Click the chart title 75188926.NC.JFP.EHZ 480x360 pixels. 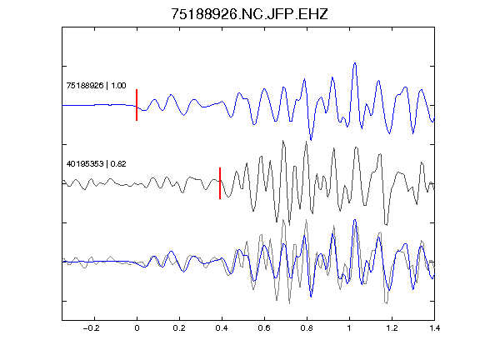click(x=249, y=14)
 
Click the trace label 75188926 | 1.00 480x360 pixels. click(x=96, y=85)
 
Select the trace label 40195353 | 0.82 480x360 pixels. click(x=96, y=164)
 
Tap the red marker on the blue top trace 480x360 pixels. click(x=137, y=105)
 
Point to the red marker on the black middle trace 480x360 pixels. click(x=220, y=183)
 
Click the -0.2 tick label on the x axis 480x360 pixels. click(x=92, y=328)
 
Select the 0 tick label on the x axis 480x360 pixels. click(x=137, y=328)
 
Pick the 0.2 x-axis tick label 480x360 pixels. click(x=179, y=328)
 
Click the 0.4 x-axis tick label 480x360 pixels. click(x=222, y=328)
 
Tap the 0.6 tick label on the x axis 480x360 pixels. click(x=264, y=328)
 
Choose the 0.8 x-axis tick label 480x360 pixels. click(x=307, y=328)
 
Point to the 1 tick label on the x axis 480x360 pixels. click(x=349, y=328)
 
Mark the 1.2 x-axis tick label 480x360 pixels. click(x=392, y=328)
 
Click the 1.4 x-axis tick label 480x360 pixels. click(x=434, y=328)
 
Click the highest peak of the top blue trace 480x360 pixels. click(x=355, y=63)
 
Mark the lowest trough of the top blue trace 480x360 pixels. click(x=311, y=140)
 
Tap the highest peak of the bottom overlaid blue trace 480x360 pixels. click(x=355, y=220)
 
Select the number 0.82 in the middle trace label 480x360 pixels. click(x=118, y=164)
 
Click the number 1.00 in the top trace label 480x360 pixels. click(x=118, y=85)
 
